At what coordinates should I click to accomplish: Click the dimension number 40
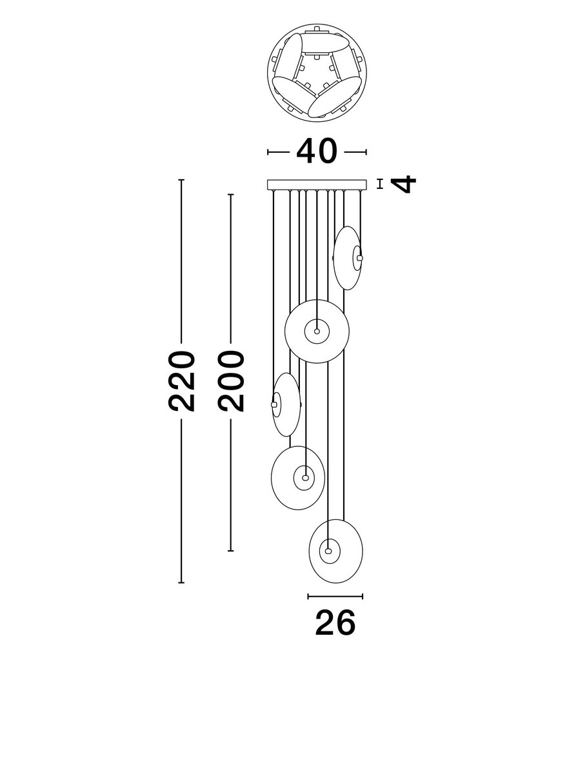317,152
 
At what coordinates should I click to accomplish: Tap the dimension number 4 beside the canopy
403,184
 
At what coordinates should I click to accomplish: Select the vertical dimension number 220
181,381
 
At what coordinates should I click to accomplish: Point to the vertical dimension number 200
231,381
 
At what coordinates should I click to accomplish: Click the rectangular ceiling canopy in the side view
317,184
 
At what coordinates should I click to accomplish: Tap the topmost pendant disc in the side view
348,258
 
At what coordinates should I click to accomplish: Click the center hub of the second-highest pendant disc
317,332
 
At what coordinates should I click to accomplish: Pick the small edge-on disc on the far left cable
286,405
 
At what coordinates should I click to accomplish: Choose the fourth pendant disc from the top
298,478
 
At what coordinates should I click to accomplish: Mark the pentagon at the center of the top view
317,73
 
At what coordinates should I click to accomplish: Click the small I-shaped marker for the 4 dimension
380,184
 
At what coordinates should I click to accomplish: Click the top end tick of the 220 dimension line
181,180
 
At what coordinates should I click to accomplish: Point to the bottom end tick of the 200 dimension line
230,551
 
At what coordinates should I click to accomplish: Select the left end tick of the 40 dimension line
268,152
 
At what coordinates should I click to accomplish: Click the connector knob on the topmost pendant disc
360,258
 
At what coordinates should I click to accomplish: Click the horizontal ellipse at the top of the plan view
326,43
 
